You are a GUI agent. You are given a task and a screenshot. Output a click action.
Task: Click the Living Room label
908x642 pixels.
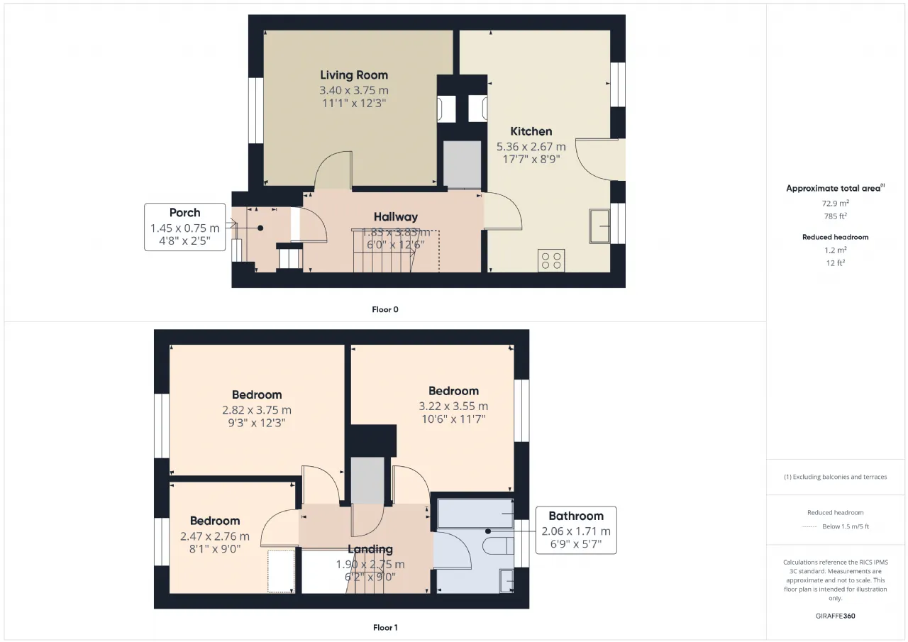(354, 75)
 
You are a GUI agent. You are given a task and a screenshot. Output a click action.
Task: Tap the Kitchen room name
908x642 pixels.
(531, 131)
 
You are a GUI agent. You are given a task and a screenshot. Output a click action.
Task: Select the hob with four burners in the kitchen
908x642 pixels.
(551, 260)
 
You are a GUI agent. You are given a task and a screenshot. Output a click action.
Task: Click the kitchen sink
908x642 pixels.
(599, 226)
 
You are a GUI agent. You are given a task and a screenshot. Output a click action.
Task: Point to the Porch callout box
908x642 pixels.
(185, 227)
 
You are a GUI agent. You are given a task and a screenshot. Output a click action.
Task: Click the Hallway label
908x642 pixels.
(396, 217)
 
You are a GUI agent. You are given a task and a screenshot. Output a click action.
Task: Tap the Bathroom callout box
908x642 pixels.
(576, 530)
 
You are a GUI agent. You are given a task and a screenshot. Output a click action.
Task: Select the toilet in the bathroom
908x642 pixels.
(498, 546)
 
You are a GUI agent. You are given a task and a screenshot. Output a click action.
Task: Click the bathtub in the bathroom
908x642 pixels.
(475, 513)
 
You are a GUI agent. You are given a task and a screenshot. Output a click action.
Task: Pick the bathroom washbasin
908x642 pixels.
(506, 581)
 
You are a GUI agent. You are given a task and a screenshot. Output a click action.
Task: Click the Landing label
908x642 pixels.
(370, 549)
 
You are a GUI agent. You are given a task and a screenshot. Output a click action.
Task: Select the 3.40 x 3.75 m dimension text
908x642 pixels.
(354, 90)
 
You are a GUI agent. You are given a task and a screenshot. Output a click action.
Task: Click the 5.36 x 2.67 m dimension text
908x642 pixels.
(531, 146)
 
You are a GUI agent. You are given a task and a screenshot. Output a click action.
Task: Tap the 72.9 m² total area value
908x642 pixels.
(836, 203)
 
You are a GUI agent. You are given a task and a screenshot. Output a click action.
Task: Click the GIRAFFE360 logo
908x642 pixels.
(836, 616)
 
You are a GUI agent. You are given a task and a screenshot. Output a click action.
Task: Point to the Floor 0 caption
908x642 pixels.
(385, 309)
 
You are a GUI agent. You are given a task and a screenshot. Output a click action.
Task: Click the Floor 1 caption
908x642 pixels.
(385, 627)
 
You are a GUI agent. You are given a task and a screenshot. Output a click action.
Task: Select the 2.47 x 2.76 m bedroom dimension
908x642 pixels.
(215, 536)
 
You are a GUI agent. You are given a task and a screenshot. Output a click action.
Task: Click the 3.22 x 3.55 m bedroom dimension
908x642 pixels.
(453, 406)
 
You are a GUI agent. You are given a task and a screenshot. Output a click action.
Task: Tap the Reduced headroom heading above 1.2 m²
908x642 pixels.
(836, 237)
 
